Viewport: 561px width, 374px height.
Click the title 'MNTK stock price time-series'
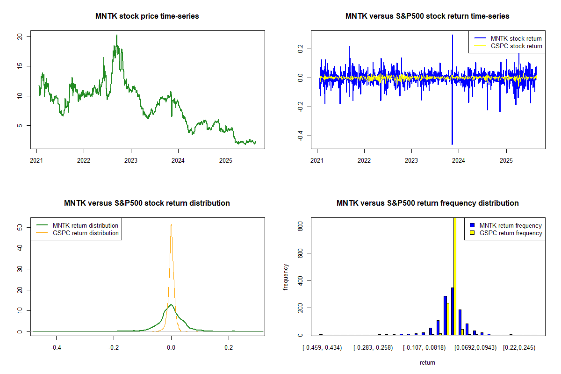[x=147, y=16]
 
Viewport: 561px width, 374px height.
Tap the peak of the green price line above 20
[x=117, y=35]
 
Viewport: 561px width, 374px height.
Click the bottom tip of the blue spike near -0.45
[x=452, y=144]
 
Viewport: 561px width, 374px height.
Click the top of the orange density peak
[x=171, y=225]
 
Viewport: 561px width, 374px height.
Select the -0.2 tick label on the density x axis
[x=114, y=348]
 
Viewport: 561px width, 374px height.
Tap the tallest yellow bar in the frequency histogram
[x=455, y=276]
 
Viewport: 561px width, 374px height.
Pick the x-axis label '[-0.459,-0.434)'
[x=322, y=348]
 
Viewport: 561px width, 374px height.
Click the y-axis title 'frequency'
[x=286, y=277]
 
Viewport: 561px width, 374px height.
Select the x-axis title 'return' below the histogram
[x=427, y=363]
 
